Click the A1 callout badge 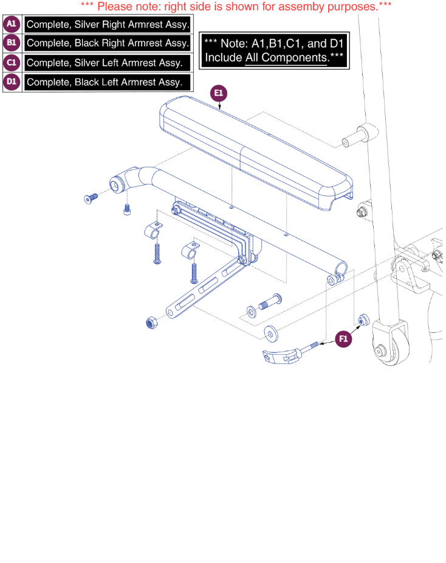pos(12,24)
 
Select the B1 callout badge pos(12,43)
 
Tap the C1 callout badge pos(12,63)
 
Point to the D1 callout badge pos(12,82)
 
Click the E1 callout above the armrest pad pos(218,94)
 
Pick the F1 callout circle pos(343,339)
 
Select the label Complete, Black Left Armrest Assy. pos(104,82)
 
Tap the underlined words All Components pos(286,58)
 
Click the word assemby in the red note pos(281,7)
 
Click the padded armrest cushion pos(255,152)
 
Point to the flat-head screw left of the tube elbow pos(91,197)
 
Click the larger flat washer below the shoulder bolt pos(270,333)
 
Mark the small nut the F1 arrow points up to pos(363,320)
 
